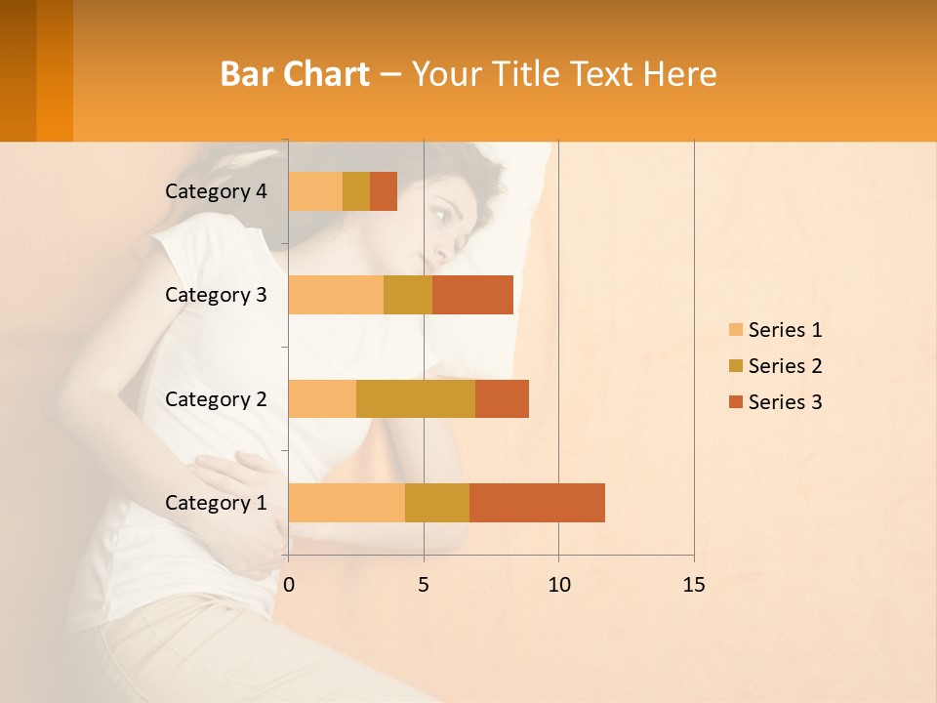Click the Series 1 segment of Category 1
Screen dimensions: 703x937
tap(346, 502)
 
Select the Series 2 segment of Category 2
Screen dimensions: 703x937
tap(416, 398)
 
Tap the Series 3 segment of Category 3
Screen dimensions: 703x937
tap(472, 295)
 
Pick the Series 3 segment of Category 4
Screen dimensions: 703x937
tap(384, 191)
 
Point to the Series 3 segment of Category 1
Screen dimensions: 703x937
tap(537, 502)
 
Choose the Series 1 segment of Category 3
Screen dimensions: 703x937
tap(336, 295)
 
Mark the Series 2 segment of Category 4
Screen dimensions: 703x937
tap(356, 191)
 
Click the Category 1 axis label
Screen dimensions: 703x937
tap(216, 503)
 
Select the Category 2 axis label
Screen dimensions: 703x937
tap(216, 399)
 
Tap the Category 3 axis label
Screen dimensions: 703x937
tap(216, 295)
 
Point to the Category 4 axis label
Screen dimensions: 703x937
tap(216, 191)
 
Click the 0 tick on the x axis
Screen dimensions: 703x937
tap(289, 585)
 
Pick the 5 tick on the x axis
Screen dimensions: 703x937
tap(424, 585)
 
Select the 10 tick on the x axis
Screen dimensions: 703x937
tap(558, 585)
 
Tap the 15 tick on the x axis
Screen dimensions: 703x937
tap(694, 585)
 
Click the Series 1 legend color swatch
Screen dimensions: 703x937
tap(735, 330)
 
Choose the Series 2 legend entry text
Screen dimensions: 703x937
tap(785, 366)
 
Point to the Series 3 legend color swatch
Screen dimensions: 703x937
tap(735, 402)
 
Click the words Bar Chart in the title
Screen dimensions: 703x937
tap(295, 74)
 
